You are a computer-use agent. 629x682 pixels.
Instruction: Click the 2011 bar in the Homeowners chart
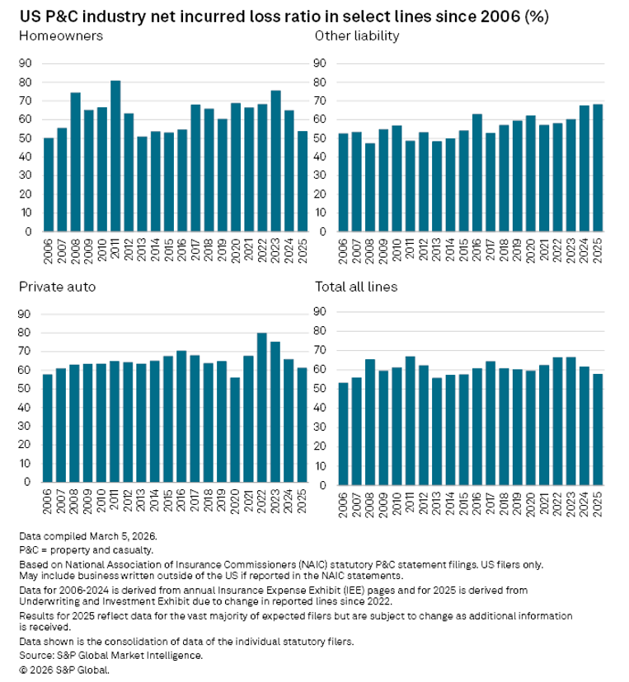coord(115,156)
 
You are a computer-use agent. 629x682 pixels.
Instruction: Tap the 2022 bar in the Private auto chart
coord(263,408)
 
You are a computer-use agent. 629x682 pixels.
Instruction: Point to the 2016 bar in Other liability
coord(477,173)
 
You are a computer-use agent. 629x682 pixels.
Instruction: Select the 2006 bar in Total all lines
coord(343,432)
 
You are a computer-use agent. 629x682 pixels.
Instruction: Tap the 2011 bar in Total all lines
coord(410,419)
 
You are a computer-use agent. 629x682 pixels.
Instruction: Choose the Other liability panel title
coord(357,36)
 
